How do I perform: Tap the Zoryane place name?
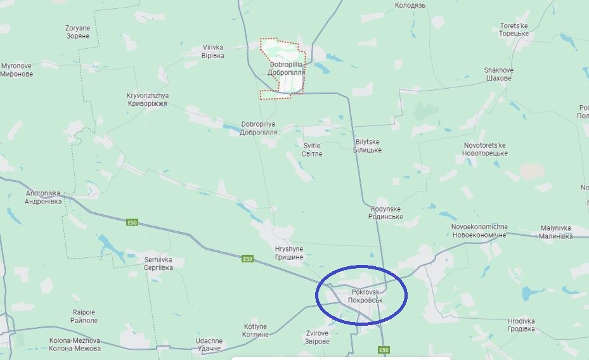77,32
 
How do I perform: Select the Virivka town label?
213,51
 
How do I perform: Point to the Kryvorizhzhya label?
148,100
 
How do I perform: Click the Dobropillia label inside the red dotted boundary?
286,68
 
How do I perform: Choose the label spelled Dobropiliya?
259,128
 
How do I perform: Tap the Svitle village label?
312,150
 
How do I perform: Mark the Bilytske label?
368,146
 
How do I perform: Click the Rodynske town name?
385,212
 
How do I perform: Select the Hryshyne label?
289,253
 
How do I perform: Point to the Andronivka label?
43,197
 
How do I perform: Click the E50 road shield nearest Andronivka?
132,222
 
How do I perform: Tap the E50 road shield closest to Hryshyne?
247,259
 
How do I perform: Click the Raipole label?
84,316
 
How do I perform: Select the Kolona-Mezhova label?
75,344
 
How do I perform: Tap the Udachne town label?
209,344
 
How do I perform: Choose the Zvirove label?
317,337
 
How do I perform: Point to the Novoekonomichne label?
479,231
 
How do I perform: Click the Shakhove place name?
498,74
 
